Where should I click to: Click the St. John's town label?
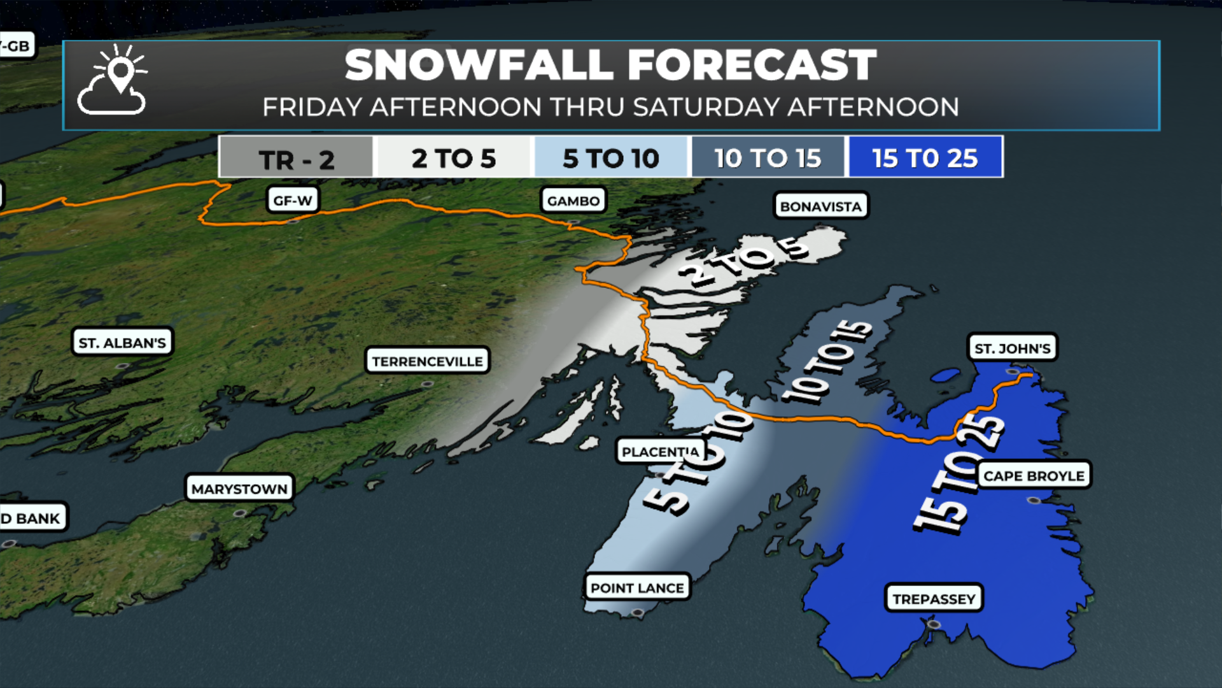point(1012,348)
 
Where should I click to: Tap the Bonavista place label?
point(820,206)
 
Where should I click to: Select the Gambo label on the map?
point(573,201)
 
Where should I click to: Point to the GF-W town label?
point(292,201)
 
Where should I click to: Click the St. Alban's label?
point(122,343)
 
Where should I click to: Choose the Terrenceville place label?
point(427,361)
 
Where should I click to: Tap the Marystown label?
point(239,489)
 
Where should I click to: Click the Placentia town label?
point(659,452)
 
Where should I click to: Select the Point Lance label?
point(636,587)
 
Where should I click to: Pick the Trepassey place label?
point(934,599)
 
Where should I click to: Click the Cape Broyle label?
point(1033,476)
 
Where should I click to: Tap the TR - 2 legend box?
point(296,158)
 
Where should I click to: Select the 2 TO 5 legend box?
point(453,158)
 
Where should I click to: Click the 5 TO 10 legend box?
point(611,158)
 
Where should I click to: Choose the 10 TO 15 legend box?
point(768,158)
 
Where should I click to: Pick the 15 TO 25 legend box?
point(925,158)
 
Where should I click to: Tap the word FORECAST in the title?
point(751,65)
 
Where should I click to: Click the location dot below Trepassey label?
point(934,624)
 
